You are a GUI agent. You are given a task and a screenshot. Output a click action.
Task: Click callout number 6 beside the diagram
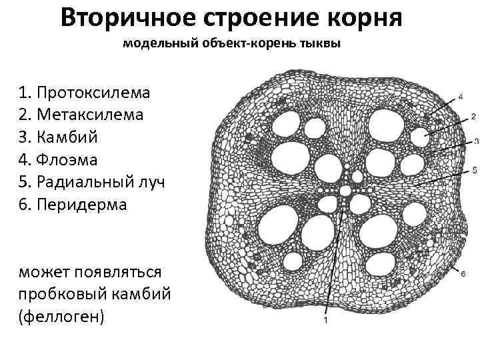[462, 272]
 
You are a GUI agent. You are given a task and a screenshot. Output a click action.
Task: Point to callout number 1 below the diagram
[325, 321]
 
